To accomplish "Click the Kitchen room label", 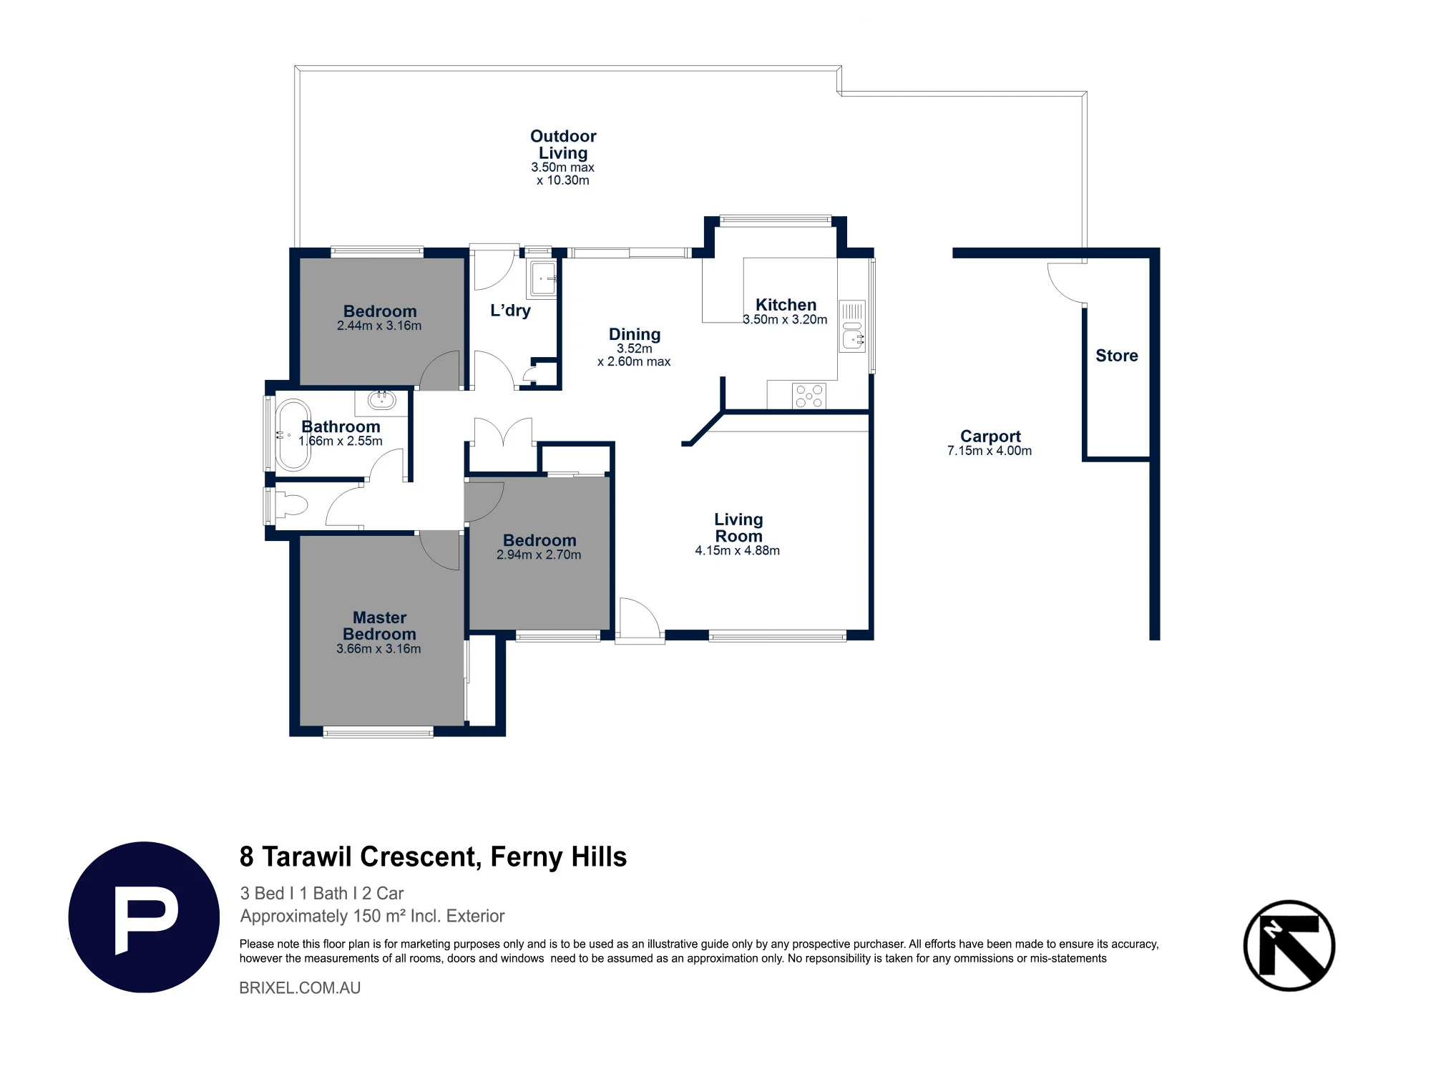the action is pos(786,305).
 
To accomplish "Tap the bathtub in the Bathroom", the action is pos(293,434).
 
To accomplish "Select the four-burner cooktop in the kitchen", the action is pos(809,396).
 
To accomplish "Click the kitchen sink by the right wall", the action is pos(852,326).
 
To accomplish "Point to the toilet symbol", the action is pos(291,505).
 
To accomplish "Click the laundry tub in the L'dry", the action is pos(543,278).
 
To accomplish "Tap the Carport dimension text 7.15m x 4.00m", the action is pos(990,451).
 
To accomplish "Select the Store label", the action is pos(1117,356).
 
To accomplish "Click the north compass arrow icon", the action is pos(1289,945).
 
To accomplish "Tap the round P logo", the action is pos(144,917).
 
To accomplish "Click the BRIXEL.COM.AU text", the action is pos(300,987).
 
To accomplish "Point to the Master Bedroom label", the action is pos(379,626).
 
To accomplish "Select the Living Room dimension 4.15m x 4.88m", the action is pos(738,550).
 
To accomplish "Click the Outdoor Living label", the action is pos(563,145).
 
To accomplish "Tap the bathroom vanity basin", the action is pos(381,399).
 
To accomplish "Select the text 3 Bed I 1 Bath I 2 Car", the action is pos(322,893).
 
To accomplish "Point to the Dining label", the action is pos(635,334).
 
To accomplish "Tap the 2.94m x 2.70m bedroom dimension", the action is pos(539,555).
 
